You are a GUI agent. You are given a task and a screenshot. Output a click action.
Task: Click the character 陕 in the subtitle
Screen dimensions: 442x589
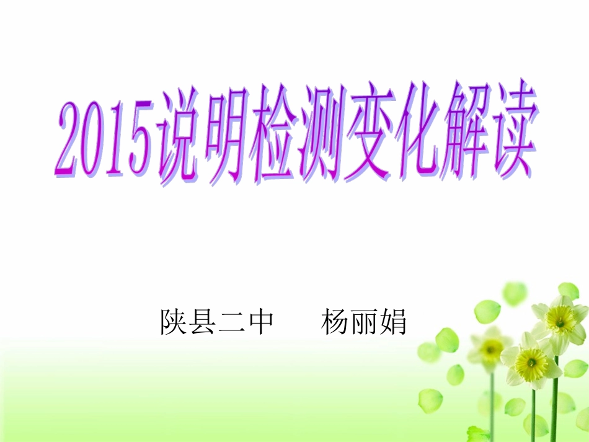click(174, 322)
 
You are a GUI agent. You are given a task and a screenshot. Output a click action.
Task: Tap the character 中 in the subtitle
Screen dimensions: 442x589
click(260, 322)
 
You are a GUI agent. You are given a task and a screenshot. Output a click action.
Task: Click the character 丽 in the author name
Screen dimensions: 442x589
click(365, 322)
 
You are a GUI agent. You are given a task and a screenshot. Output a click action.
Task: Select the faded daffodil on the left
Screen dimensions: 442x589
click(490, 350)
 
